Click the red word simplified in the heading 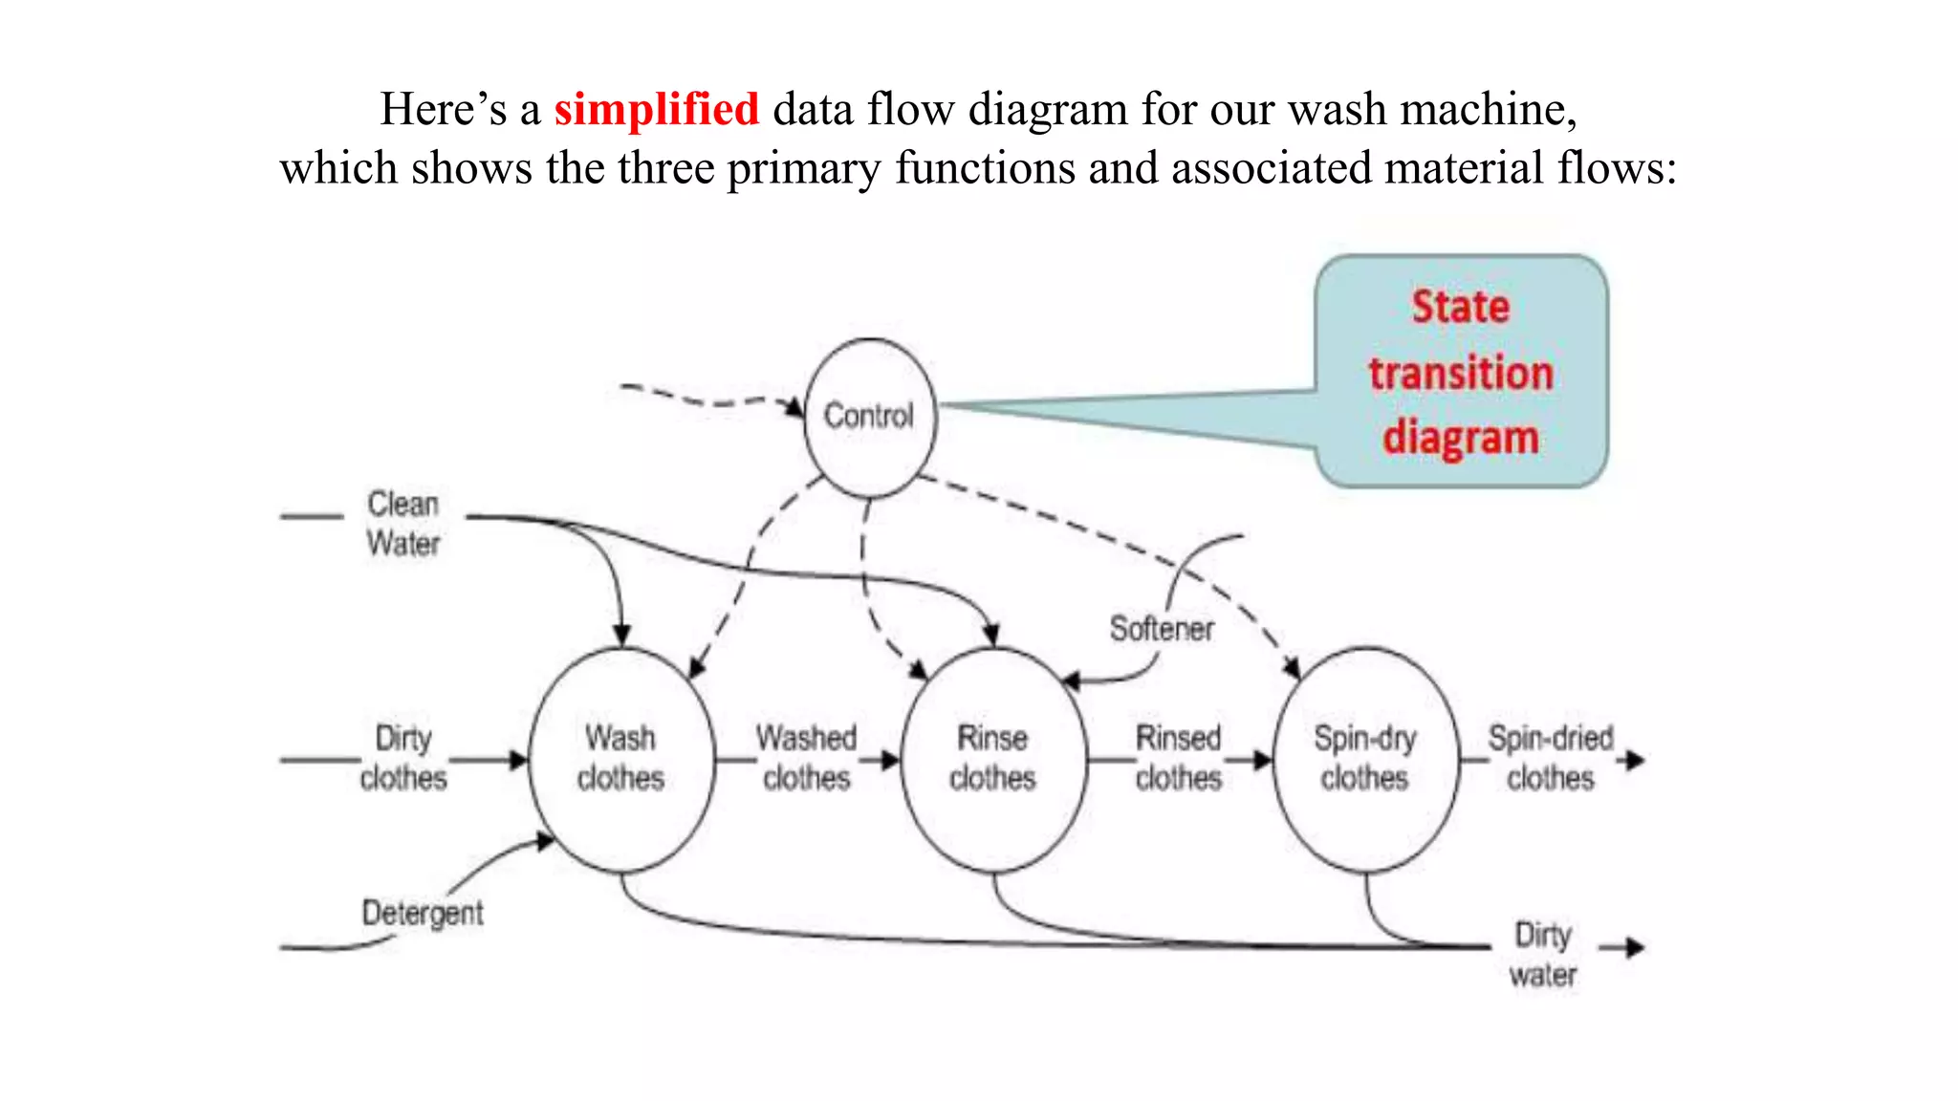coord(656,109)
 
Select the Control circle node coord(869,418)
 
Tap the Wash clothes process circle coord(620,759)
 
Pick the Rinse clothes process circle coord(992,759)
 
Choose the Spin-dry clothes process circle coord(1365,759)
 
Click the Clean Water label coord(402,524)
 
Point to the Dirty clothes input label coord(402,758)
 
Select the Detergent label coord(422,913)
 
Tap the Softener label coord(1161,629)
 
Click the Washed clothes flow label coord(806,758)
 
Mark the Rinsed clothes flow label coord(1178,758)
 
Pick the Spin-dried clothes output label coord(1550,758)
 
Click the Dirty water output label coord(1542,954)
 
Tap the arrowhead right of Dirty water coord(1634,947)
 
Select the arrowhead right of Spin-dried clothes coord(1634,761)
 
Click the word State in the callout coord(1460,308)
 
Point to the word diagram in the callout coord(1460,438)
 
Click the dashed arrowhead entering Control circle coord(795,407)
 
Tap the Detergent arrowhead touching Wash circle coord(545,841)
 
